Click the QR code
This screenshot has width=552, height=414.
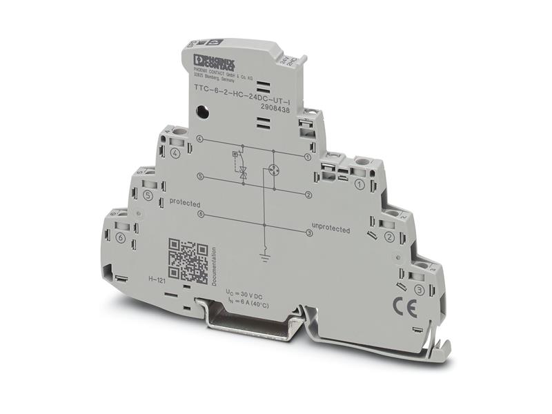[188, 260]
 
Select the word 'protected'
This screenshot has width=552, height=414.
[184, 204]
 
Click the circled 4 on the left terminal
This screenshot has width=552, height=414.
[175, 153]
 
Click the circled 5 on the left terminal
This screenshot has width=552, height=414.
[148, 195]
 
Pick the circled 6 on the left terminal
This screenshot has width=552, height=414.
[121, 238]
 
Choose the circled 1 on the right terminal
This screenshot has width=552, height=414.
[359, 184]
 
